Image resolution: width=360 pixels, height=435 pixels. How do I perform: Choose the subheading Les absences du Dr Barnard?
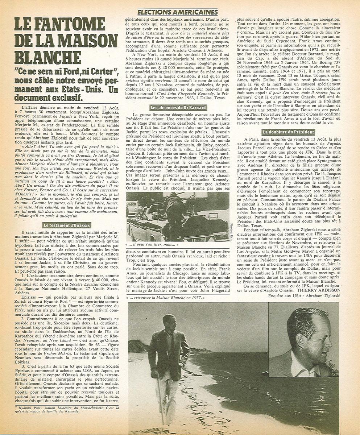click(x=178, y=108)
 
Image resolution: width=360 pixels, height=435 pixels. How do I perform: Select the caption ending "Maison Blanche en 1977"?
click(x=168, y=298)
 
